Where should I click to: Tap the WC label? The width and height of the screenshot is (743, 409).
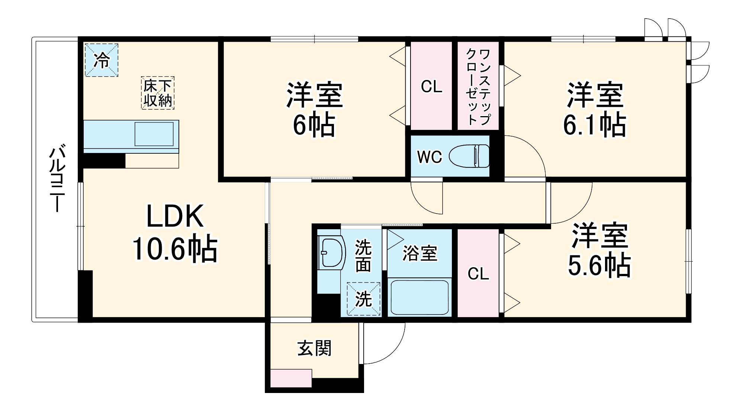pos(430,157)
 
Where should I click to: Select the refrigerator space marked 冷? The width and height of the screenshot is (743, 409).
pos(102,60)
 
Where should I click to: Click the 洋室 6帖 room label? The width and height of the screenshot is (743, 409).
pos(314,110)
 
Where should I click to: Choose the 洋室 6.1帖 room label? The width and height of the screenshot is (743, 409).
pos(594,110)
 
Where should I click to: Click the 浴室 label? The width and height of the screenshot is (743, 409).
pos(420,253)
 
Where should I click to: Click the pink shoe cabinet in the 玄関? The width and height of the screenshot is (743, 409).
pos(291,378)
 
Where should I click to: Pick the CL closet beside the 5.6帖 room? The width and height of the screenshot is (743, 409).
pos(478,274)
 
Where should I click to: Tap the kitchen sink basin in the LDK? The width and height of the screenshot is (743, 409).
pos(154,134)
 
